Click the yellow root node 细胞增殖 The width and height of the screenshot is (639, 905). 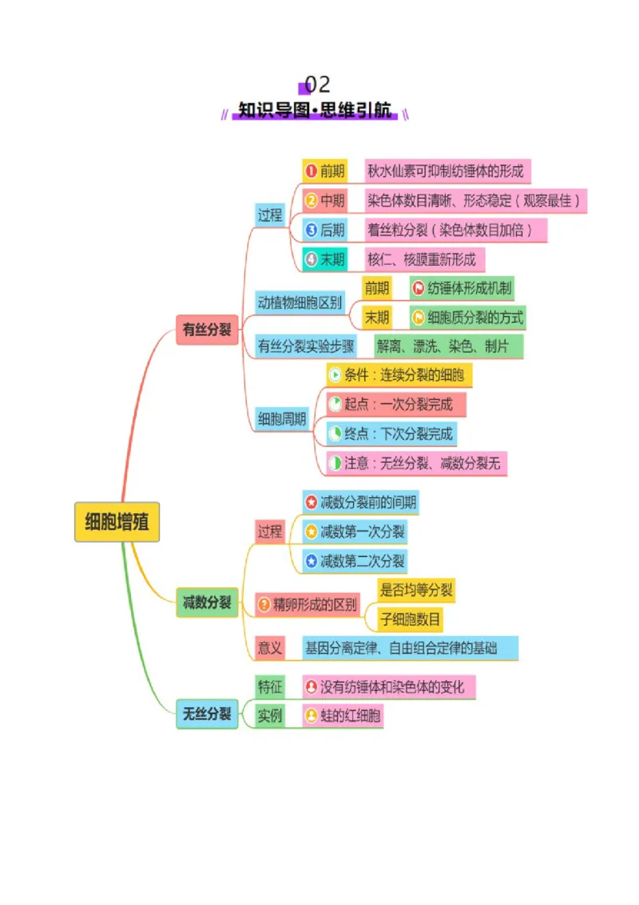(117, 522)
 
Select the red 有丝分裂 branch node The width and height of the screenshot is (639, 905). (207, 330)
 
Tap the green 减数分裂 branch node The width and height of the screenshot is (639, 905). (207, 603)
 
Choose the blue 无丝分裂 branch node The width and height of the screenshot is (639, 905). (207, 713)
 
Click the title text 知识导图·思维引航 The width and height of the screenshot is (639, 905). (315, 109)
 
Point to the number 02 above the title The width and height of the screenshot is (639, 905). (317, 85)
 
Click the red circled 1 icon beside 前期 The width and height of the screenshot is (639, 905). (312, 171)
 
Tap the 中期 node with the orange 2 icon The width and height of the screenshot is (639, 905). (325, 200)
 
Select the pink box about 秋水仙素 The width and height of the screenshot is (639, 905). (447, 171)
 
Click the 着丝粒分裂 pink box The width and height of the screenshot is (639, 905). (455, 231)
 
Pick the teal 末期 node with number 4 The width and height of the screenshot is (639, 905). (325, 259)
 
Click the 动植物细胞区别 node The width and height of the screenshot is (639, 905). (300, 302)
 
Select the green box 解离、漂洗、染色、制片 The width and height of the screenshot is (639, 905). (449, 346)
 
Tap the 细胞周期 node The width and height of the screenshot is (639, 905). (282, 418)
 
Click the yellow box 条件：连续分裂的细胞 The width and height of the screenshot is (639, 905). (399, 375)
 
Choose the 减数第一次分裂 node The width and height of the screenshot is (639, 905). (355, 532)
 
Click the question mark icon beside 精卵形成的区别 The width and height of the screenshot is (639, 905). (264, 604)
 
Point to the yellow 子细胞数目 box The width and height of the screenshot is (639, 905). (411, 619)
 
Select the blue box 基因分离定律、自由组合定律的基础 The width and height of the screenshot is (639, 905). (411, 648)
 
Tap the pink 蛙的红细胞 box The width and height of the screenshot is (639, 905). (343, 717)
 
